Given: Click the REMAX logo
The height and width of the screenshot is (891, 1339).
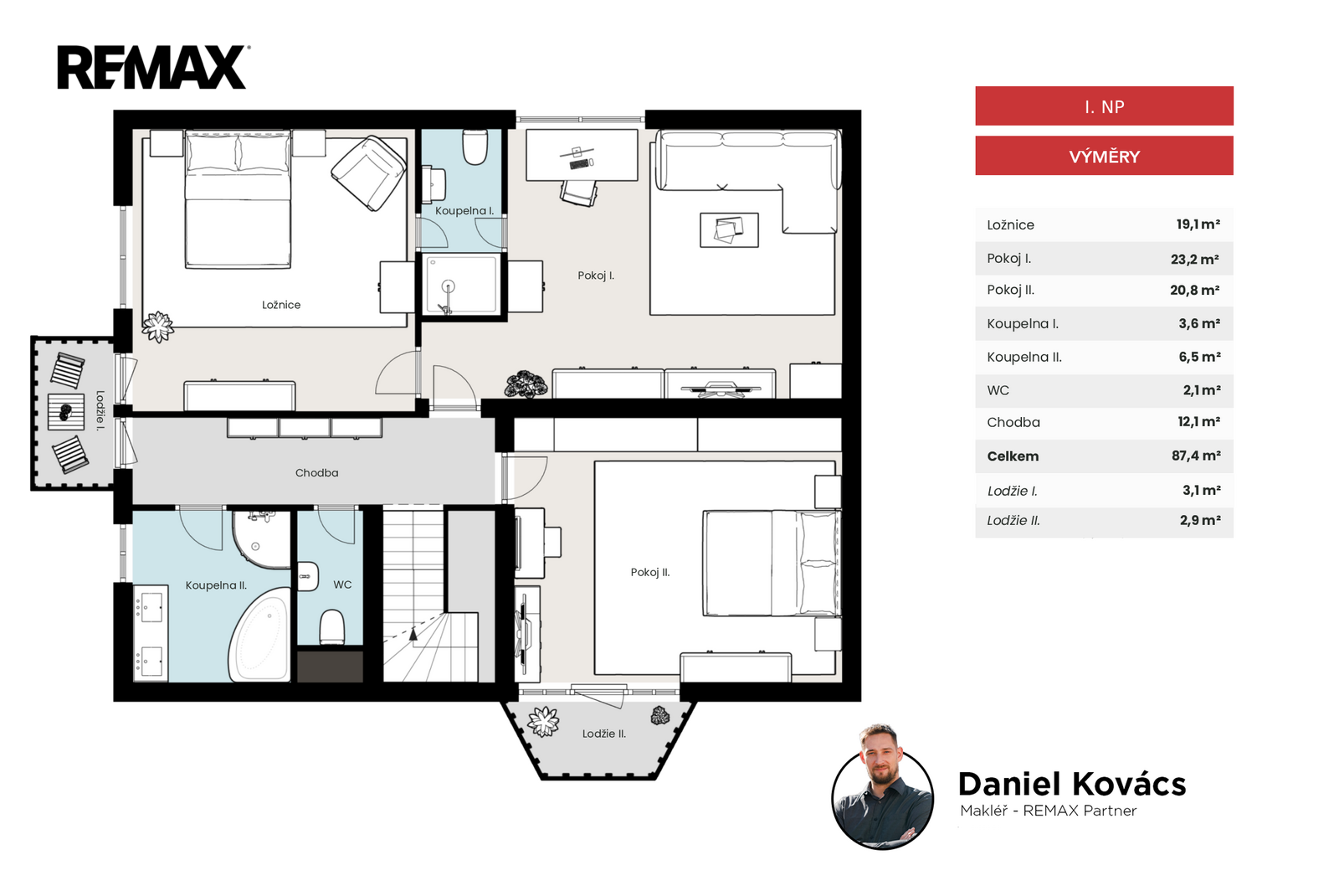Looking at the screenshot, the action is click(x=153, y=67).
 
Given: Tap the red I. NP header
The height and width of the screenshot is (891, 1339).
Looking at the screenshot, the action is click(x=1104, y=106).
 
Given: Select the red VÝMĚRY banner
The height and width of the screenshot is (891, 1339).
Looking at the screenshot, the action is click(x=1104, y=156).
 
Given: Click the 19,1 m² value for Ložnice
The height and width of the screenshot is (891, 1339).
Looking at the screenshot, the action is click(x=1198, y=224).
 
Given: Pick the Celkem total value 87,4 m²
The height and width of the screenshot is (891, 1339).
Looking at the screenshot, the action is click(x=1196, y=456).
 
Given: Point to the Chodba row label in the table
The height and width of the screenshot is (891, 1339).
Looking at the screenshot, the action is click(x=1013, y=422).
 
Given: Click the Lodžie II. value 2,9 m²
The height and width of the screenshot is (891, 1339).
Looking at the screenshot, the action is click(x=1200, y=520).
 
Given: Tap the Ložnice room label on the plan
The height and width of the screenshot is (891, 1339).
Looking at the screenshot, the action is click(x=281, y=305).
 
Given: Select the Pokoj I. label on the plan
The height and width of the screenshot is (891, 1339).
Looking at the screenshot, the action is click(x=596, y=276).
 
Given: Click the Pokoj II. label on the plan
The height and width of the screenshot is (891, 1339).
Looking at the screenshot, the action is click(x=650, y=572).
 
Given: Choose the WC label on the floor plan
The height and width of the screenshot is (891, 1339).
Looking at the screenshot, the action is click(x=342, y=585).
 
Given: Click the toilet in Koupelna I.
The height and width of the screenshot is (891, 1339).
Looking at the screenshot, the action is click(x=475, y=147).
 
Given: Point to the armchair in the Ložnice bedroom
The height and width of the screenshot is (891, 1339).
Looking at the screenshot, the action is click(x=368, y=173).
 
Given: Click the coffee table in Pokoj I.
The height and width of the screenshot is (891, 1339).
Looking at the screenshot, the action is click(x=729, y=230).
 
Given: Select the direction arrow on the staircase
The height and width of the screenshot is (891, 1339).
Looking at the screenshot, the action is click(x=413, y=634).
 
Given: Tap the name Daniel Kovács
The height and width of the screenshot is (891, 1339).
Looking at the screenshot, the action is click(x=1072, y=784).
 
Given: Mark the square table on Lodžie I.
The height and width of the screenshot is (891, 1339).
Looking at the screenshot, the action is click(x=66, y=411).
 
